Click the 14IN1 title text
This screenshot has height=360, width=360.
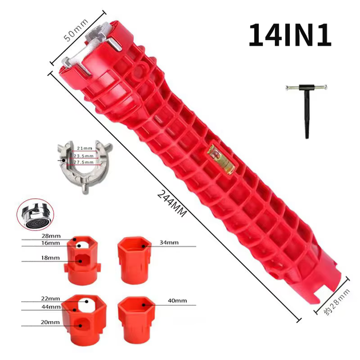tap(290, 35)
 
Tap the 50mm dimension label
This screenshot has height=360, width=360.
tap(75, 30)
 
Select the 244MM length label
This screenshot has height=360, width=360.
tap(172, 203)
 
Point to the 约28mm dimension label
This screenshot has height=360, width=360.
tap(337, 302)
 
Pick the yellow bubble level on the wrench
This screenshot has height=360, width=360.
tap(221, 159)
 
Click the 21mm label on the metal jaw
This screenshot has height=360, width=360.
tap(85, 149)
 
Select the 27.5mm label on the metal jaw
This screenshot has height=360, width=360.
tap(83, 162)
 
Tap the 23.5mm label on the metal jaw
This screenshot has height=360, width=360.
tap(83, 156)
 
